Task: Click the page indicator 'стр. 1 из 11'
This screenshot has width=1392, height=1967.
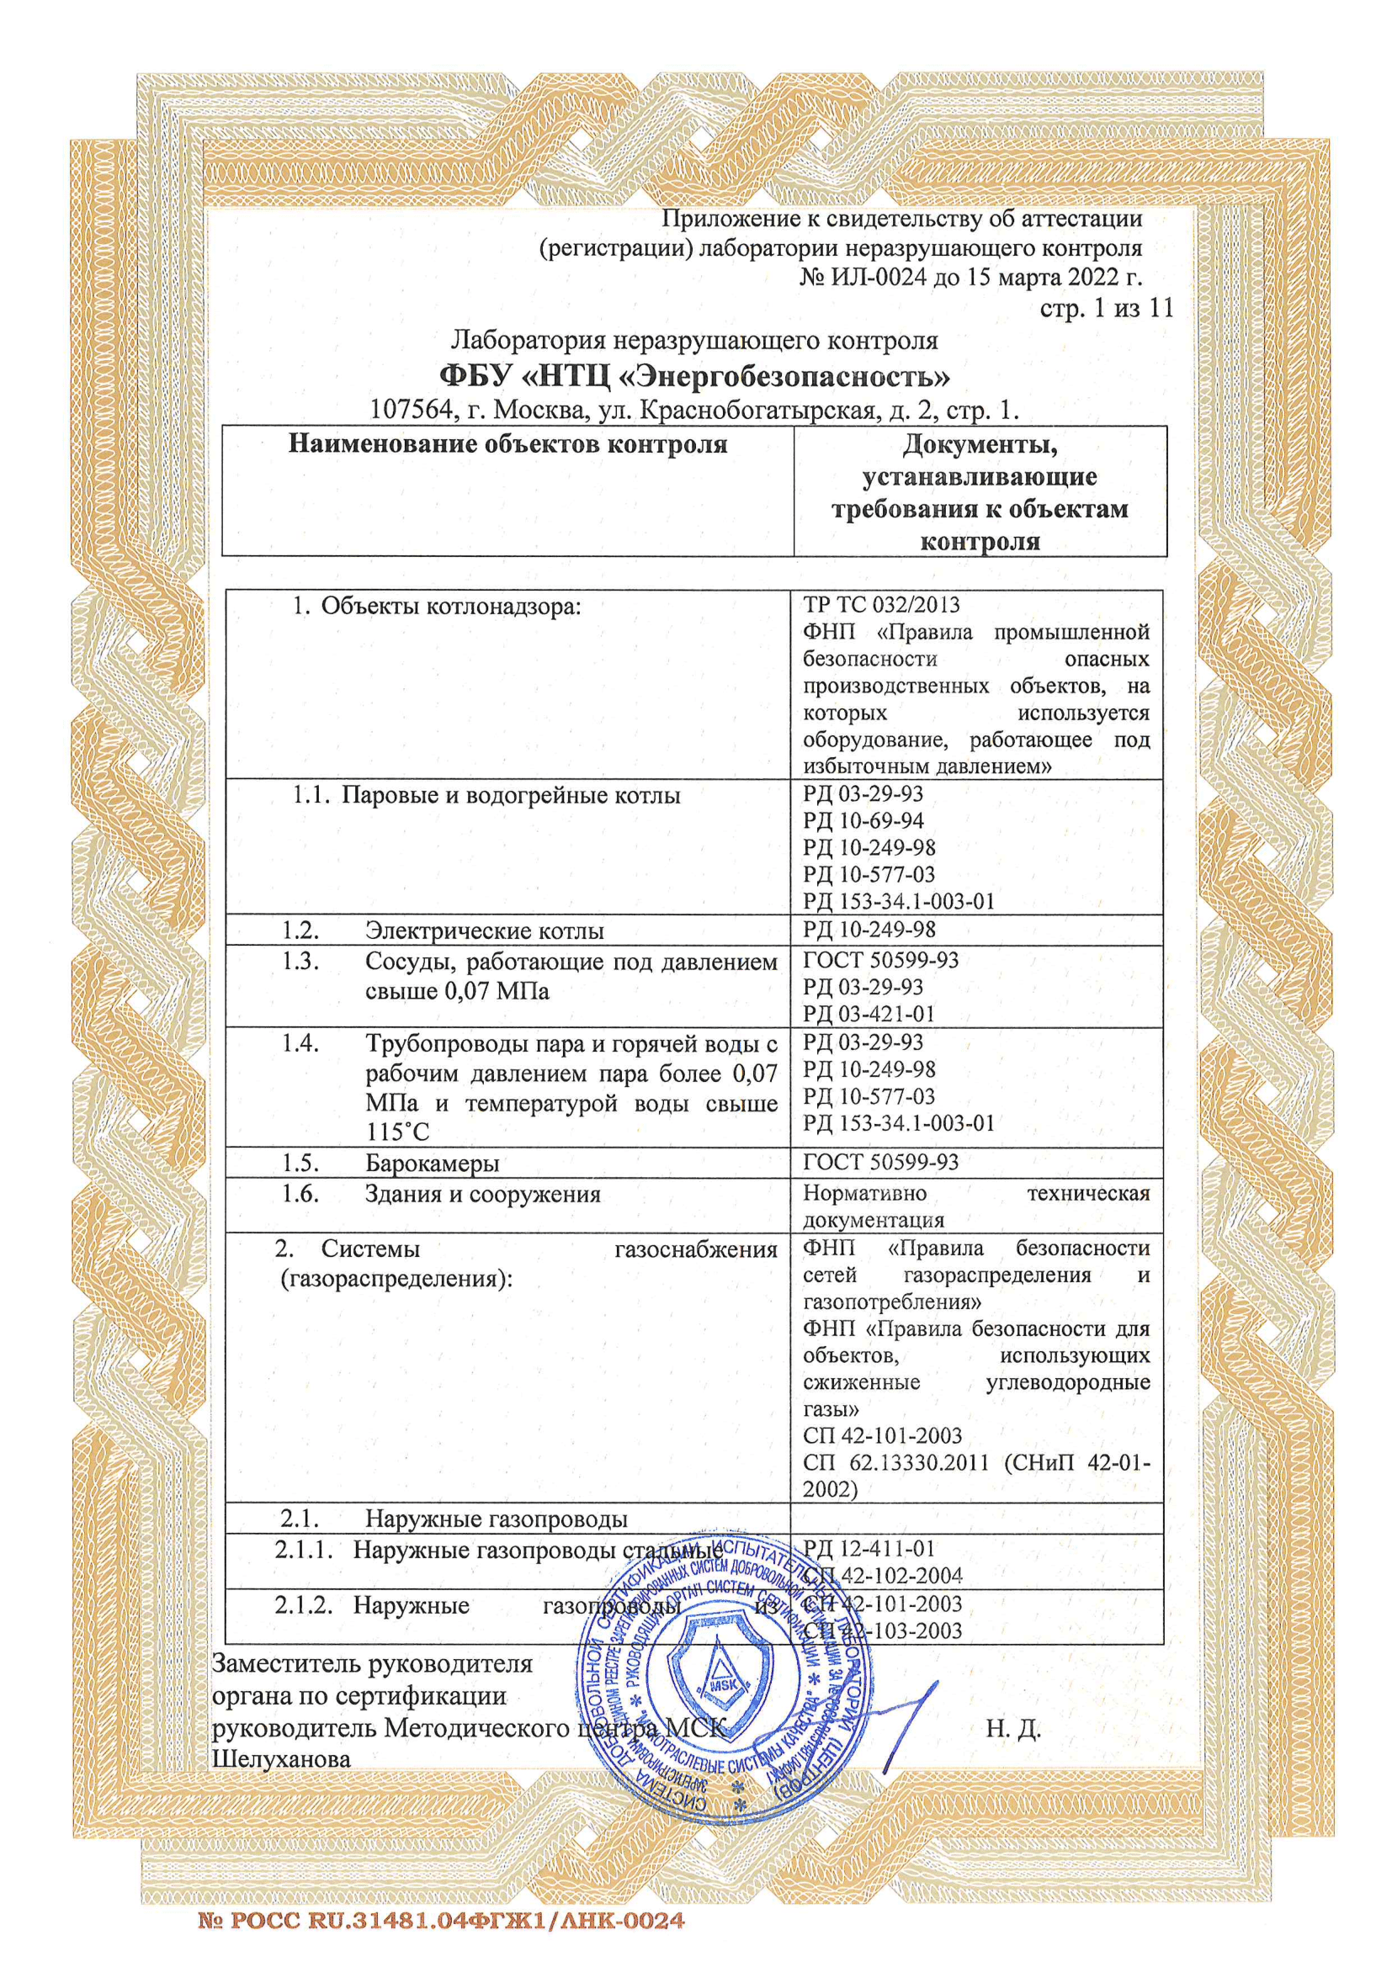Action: [1106, 309]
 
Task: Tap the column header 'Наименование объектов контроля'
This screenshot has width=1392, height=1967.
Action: [507, 444]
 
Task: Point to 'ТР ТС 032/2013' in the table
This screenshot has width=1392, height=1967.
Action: [881, 605]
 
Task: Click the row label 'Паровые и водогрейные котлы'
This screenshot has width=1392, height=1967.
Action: [511, 795]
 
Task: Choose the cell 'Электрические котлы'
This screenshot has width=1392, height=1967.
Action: [484, 930]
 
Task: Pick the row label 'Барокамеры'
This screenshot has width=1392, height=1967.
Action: [432, 1163]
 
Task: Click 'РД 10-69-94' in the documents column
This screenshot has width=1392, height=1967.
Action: [863, 821]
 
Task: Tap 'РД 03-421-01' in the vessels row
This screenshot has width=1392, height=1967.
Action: [869, 1014]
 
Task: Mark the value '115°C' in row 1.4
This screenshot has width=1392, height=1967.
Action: [397, 1132]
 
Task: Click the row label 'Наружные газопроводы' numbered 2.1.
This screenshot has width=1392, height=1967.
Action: [497, 1519]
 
